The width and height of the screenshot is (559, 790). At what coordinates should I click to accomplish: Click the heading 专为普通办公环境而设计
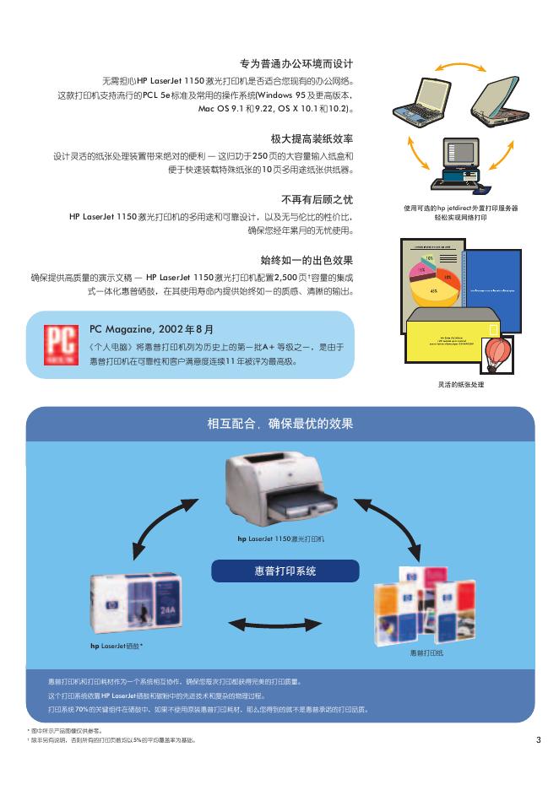[x=296, y=64]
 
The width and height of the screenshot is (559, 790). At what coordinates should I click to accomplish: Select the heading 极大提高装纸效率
[x=312, y=138]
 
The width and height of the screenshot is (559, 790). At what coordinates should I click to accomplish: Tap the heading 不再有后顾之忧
[x=317, y=199]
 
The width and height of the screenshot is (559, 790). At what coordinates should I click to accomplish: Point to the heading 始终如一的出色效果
[x=307, y=260]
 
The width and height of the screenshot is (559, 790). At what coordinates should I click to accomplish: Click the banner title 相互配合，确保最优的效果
[x=280, y=424]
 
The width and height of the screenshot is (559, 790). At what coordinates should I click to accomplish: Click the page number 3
[x=538, y=741]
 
